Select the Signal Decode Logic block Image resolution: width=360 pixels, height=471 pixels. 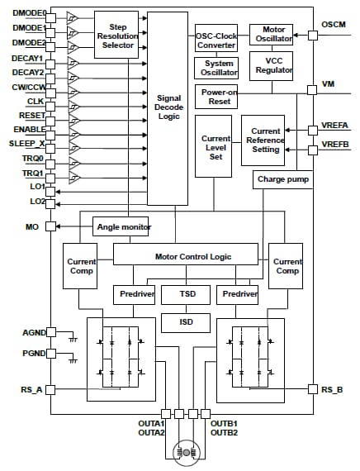coord(168,107)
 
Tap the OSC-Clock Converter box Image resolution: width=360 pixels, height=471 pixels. coord(216,39)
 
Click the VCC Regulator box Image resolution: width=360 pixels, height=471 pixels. coord(273,65)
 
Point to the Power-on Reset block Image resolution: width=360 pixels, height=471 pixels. coord(216,96)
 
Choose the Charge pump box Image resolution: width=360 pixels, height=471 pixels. coord(282,178)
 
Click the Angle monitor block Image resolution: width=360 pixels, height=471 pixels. coord(124,226)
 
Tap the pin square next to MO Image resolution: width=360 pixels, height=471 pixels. coord(50,226)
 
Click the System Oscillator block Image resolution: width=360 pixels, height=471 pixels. coord(216,67)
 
